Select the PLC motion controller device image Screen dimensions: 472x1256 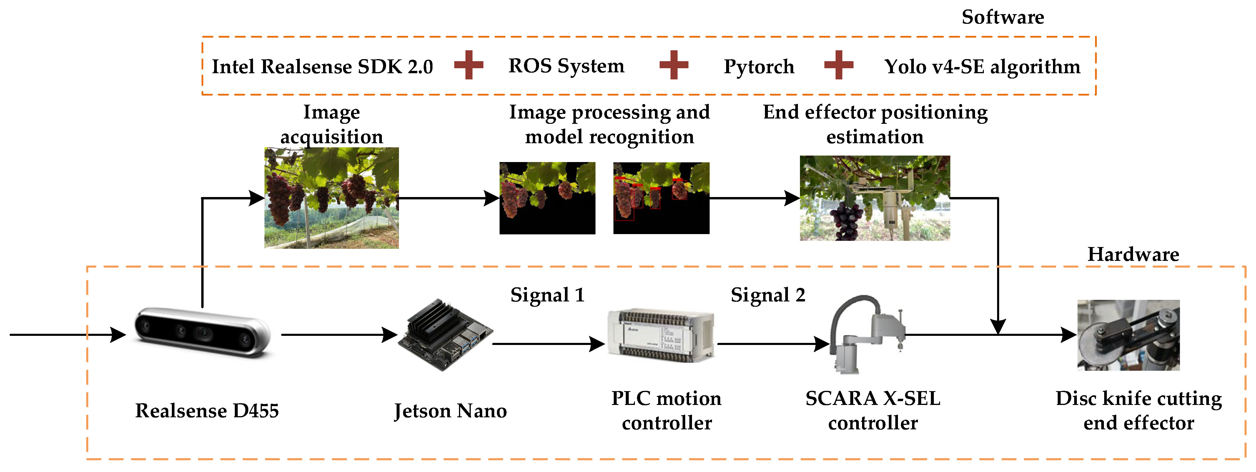tap(661, 336)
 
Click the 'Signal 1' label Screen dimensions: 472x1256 tap(547, 295)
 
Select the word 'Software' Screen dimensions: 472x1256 tap(1002, 17)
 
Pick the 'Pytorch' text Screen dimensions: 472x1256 tap(759, 66)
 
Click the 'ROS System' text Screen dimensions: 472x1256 tap(566, 66)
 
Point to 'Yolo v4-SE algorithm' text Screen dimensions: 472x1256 tap(982, 66)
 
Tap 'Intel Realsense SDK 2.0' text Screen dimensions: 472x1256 tap(322, 66)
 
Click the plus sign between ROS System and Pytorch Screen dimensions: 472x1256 tap(673, 65)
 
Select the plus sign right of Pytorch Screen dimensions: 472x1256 tap(838, 65)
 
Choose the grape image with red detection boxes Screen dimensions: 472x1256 tap(661, 198)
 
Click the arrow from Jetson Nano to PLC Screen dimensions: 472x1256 tap(548, 344)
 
